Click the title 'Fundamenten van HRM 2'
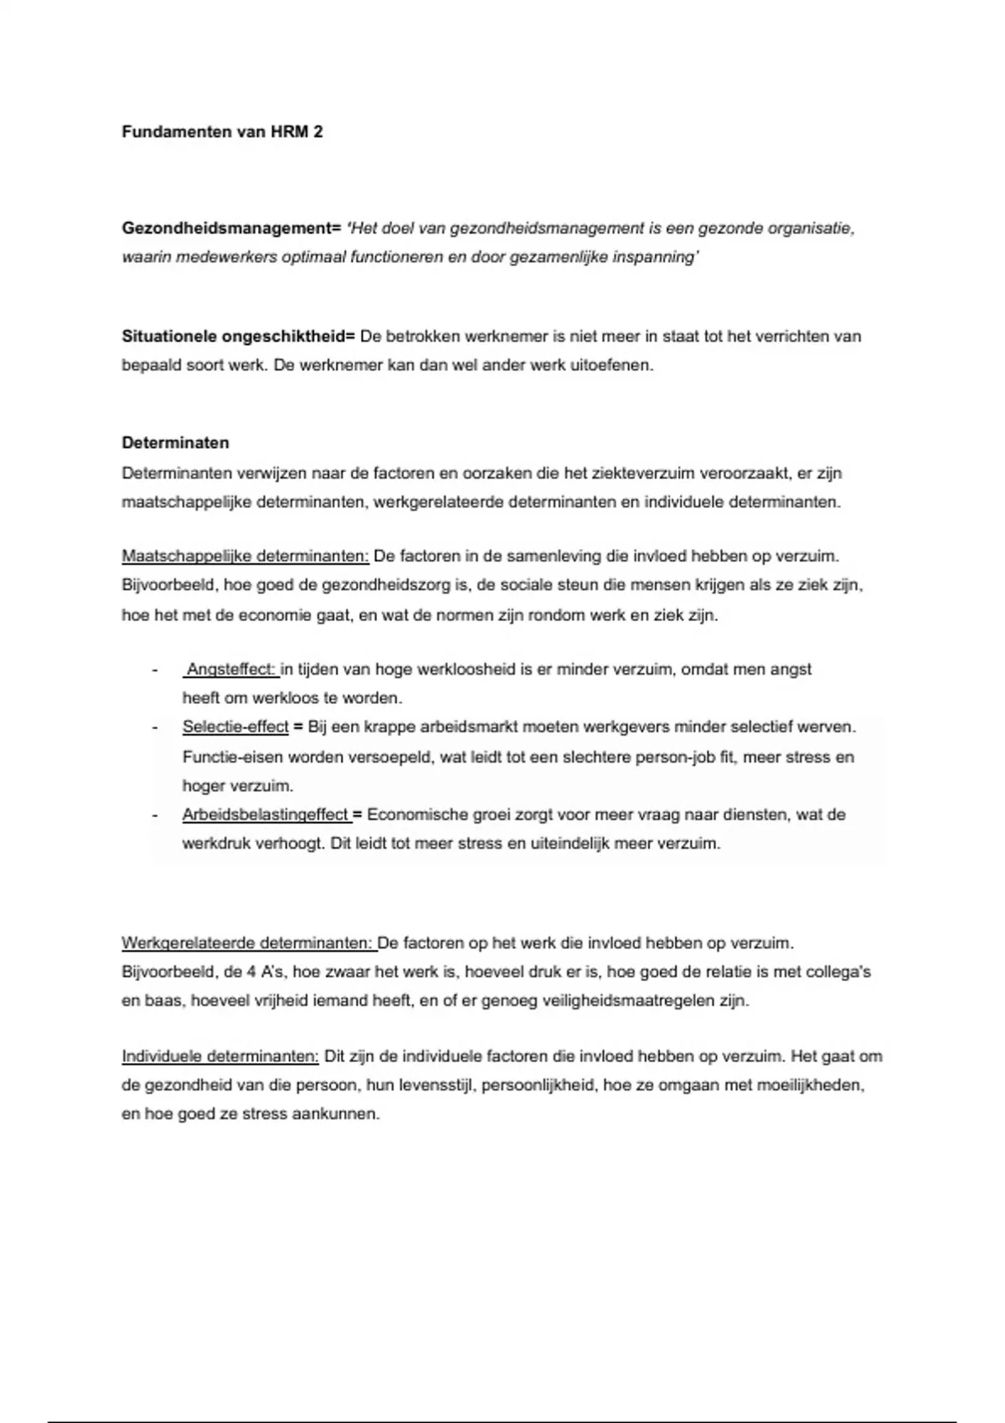point(222,132)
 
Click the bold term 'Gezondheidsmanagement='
point(231,229)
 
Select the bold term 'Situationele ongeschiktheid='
point(239,336)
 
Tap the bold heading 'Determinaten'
point(175,443)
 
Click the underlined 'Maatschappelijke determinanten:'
point(245,556)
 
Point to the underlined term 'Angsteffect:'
point(231,670)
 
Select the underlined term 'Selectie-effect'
point(235,727)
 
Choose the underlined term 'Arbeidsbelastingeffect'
point(265,814)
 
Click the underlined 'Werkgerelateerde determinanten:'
point(248,943)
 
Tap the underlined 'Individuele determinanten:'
point(220,1056)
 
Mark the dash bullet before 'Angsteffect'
point(155,670)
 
